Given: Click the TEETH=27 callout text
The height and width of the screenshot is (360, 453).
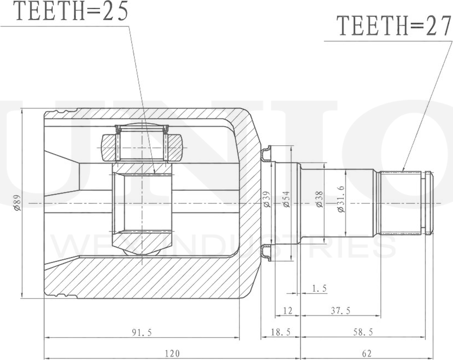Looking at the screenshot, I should (393, 26).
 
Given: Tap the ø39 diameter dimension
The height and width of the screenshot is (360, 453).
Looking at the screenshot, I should (266, 201).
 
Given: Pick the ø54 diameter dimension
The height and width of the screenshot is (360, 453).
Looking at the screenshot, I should (286, 201).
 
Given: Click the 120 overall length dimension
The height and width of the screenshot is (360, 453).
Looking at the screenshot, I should (172, 353).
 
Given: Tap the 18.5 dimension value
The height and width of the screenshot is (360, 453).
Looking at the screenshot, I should (280, 332).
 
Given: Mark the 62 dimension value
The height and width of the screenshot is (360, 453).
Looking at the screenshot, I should (367, 353).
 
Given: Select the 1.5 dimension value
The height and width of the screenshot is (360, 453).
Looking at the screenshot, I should (320, 288).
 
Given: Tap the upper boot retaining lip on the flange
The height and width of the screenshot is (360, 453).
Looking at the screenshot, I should (266, 155).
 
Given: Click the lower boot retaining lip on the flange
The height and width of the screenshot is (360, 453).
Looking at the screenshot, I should (266, 252).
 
